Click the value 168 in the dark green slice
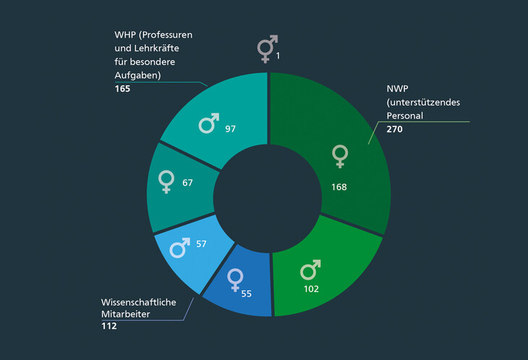coord(338,187)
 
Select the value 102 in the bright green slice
coord(310,289)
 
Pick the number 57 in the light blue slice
coord(202,244)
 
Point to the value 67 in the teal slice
coord(187,183)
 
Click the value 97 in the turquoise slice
coord(230,129)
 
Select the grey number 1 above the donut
coord(277,56)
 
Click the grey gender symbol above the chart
coord(265,49)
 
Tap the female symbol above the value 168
coord(339,155)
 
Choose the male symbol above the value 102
coord(310,270)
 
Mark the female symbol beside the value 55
coord(235,279)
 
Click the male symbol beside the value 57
coord(180,248)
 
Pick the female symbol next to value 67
coord(166,181)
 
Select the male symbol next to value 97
coord(209,124)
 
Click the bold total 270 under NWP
coord(394,129)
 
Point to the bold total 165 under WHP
coord(122,89)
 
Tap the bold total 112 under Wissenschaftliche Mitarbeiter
coord(109,326)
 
